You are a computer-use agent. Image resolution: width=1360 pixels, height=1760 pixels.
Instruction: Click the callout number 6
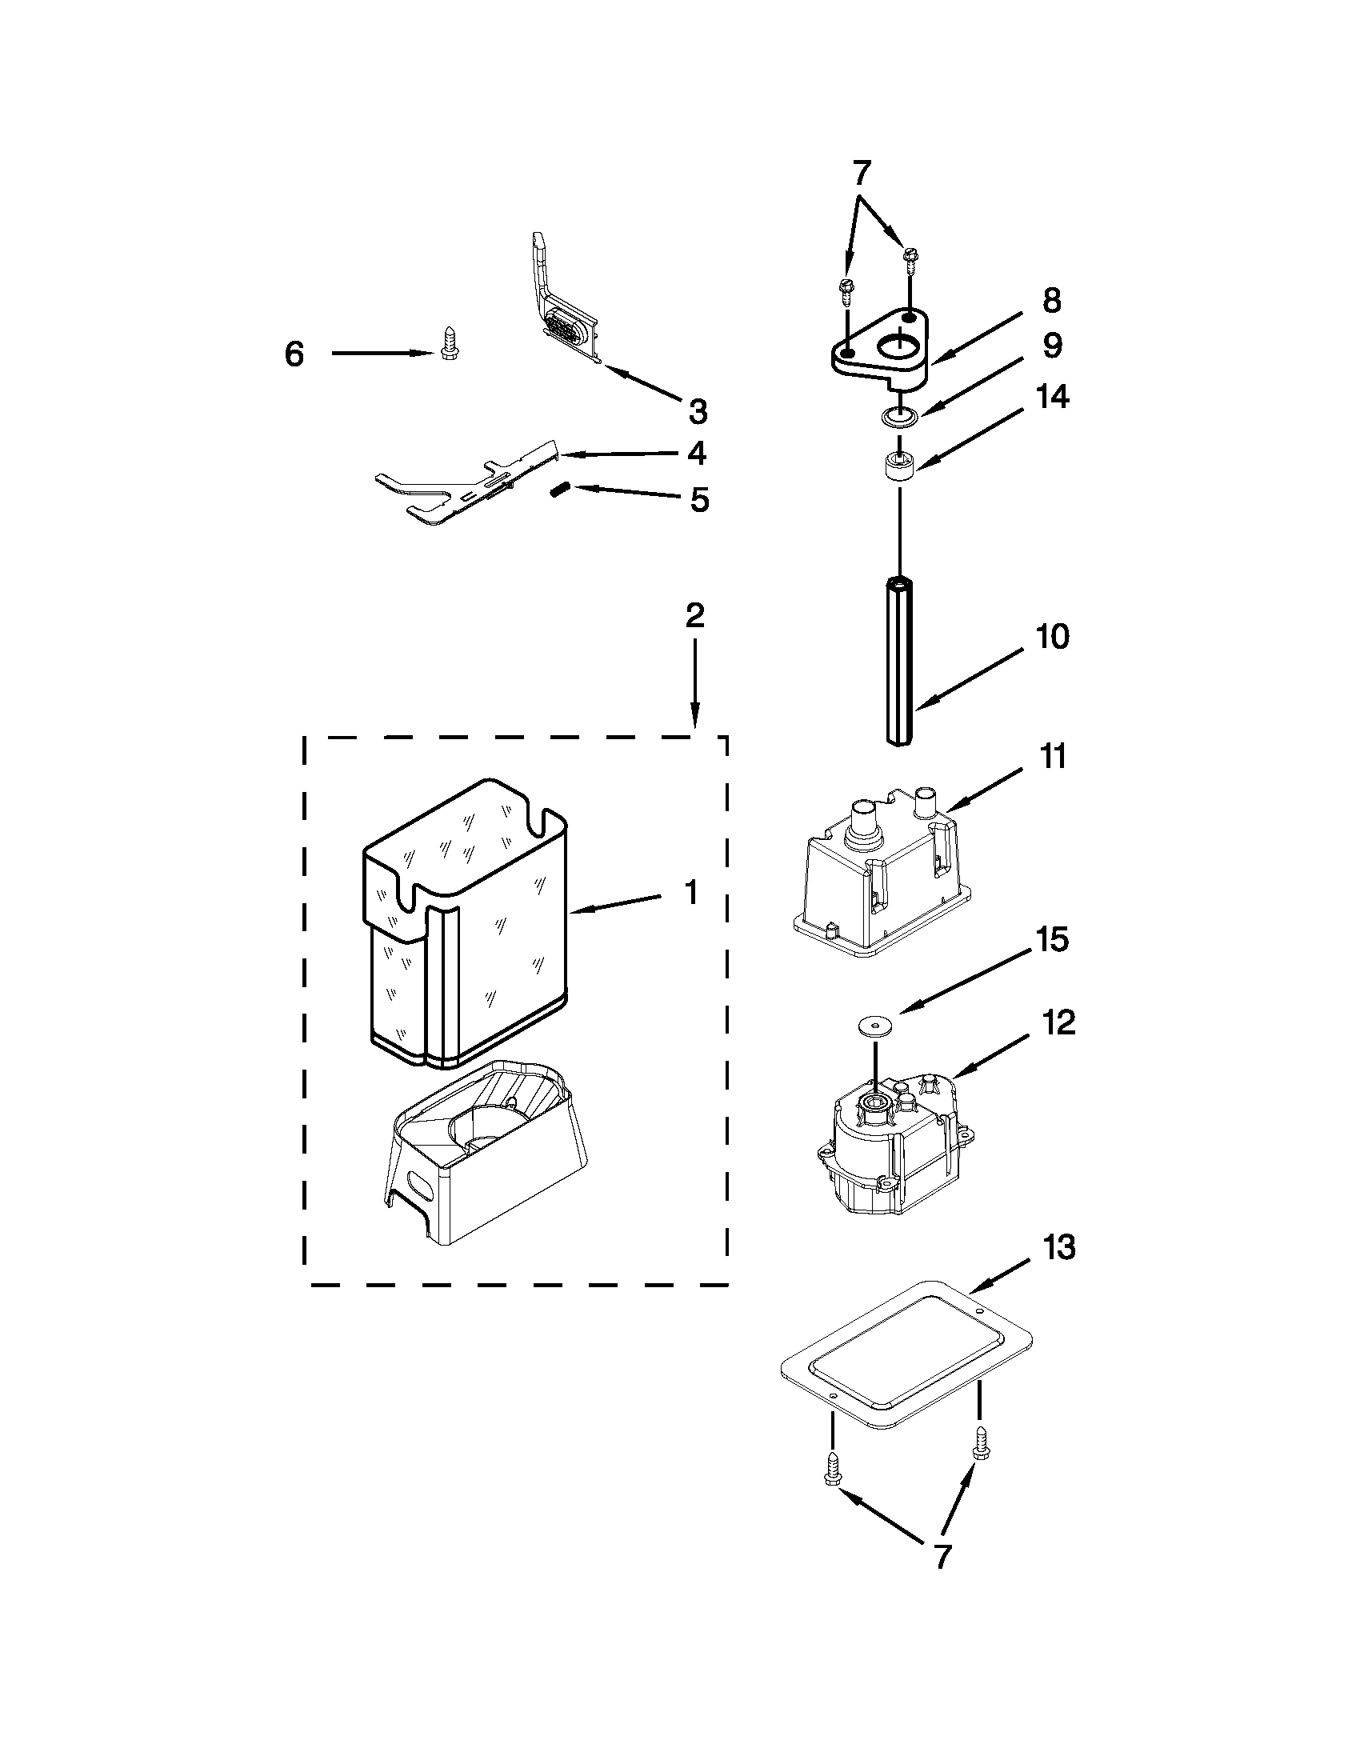(x=295, y=354)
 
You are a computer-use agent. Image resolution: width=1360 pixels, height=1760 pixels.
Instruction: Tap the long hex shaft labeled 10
(x=898, y=661)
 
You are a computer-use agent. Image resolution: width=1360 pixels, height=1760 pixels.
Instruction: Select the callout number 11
(x=1052, y=758)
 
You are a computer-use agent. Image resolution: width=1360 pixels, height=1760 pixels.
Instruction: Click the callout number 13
(x=1058, y=1247)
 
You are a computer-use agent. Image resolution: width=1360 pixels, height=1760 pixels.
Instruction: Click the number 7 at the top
(x=862, y=172)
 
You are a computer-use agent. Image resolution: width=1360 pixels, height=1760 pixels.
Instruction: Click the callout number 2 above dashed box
(x=694, y=616)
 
